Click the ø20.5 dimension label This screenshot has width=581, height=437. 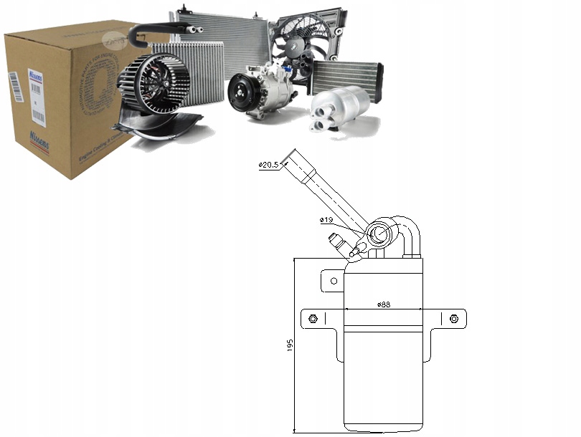tap(268, 165)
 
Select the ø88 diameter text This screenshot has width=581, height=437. tap(384, 304)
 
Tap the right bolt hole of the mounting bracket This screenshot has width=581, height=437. tap(453, 319)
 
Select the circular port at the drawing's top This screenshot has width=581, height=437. tap(378, 234)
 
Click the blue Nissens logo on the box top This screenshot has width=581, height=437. tap(35, 77)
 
